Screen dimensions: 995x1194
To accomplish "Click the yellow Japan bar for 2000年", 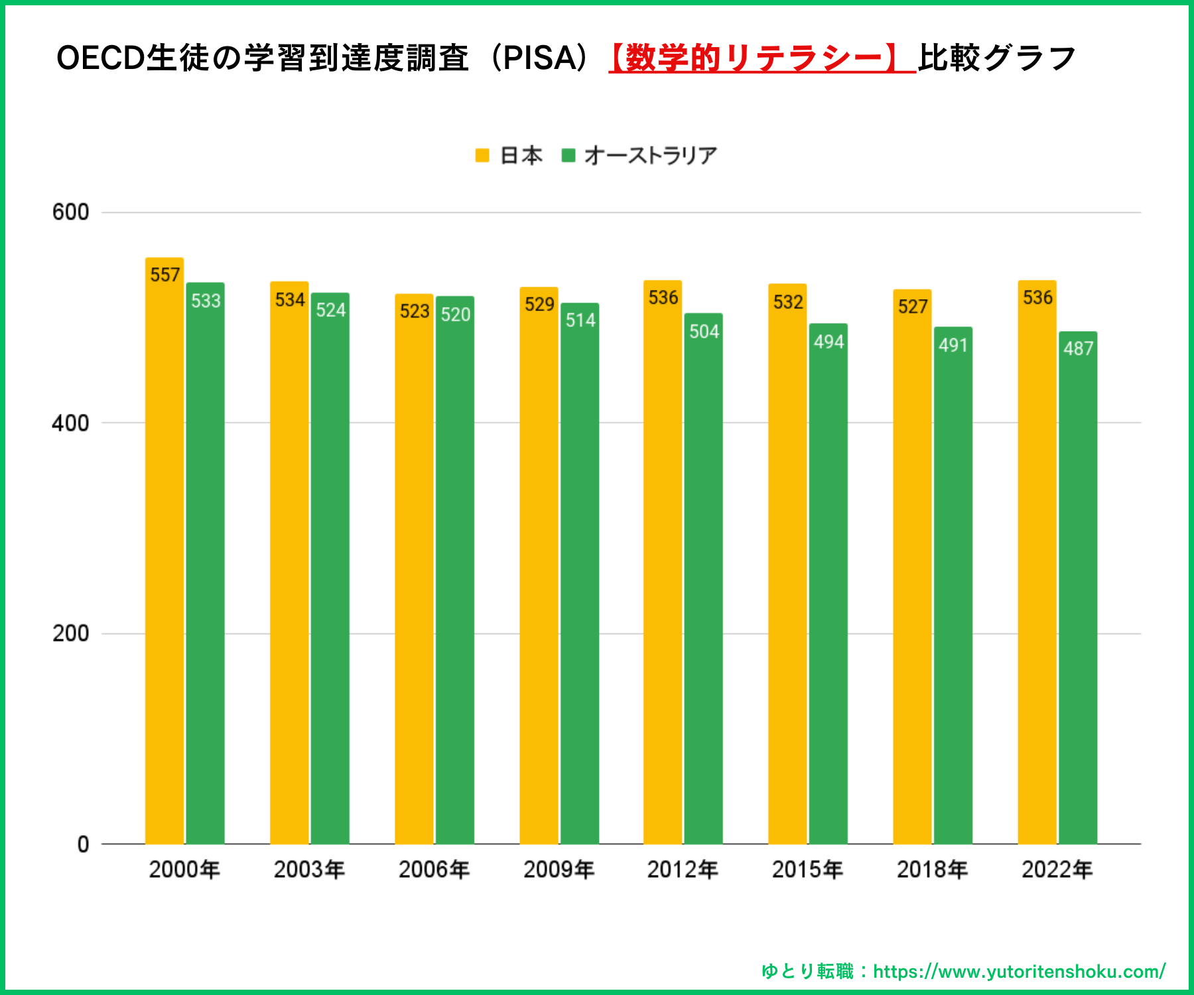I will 165,551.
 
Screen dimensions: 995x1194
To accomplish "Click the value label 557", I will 165,275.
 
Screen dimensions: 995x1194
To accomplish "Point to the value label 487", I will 1078,348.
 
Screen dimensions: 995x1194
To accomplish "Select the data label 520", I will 456,314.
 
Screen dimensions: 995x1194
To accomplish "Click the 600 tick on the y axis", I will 70,212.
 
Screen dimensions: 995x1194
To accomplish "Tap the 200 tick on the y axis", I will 70,633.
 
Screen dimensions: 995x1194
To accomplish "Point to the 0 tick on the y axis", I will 83,844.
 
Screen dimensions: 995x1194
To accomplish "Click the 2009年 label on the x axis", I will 559,870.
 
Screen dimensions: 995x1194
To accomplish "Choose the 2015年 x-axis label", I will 807,870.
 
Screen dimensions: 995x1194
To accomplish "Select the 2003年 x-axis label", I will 309,870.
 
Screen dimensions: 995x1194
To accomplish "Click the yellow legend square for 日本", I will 482,155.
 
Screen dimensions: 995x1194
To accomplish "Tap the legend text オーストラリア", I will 651,155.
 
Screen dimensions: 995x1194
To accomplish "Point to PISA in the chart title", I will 542,58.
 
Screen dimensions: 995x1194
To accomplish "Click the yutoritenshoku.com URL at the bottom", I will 1019,972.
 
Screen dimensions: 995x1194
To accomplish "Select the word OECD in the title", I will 100,58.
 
